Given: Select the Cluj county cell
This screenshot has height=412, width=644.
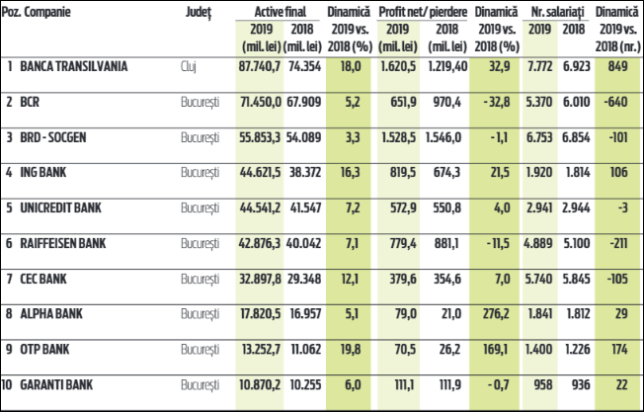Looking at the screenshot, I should tap(191, 67).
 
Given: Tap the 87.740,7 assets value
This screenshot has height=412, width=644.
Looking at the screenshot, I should tap(259, 67).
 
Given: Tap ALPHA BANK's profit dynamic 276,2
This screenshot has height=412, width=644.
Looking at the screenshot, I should tap(497, 311).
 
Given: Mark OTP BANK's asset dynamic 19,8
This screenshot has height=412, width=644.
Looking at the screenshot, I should tap(350, 347).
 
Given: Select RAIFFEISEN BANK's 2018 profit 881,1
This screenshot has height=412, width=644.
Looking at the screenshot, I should tap(447, 242).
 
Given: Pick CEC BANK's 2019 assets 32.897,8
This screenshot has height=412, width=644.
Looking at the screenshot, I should tap(259, 277).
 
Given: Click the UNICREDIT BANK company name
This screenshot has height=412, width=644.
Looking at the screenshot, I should tap(62, 206).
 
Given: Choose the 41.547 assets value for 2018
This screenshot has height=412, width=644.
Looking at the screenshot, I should tap(304, 206).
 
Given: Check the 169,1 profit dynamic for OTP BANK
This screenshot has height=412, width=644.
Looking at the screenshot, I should tap(497, 347).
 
